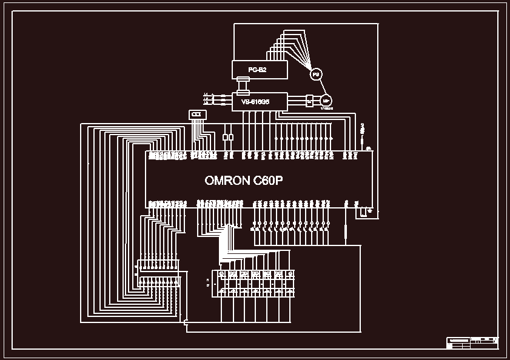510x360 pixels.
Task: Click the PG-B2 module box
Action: (x=258, y=70)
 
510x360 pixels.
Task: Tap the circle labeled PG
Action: (x=315, y=75)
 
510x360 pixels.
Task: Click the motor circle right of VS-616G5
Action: (x=326, y=101)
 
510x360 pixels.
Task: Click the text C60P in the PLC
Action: (x=270, y=180)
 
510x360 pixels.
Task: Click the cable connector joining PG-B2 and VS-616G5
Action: (x=243, y=85)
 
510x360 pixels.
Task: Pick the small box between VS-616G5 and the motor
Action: (x=309, y=101)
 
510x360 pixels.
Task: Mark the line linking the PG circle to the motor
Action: (x=320, y=87)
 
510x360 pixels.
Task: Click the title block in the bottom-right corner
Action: (x=472, y=342)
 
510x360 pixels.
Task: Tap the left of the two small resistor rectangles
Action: (x=225, y=138)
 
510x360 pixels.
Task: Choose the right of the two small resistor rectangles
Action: (x=230, y=138)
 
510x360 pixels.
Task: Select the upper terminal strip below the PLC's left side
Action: (x=158, y=265)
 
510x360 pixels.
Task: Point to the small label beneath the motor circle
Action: (x=327, y=109)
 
